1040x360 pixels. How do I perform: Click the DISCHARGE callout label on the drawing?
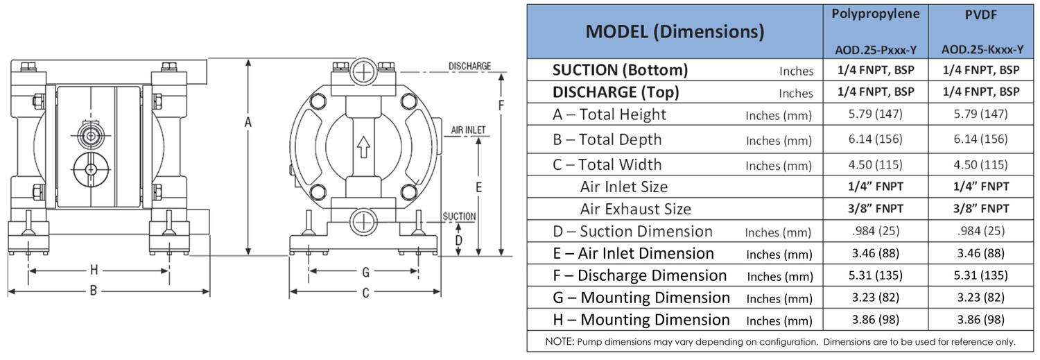[x=469, y=66]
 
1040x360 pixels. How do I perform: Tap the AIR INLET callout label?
[x=468, y=130]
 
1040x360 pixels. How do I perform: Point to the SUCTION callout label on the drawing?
[x=459, y=216]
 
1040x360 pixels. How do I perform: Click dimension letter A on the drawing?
[x=248, y=122]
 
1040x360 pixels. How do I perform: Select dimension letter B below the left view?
[x=94, y=291]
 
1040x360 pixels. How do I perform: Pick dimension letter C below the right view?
[x=365, y=293]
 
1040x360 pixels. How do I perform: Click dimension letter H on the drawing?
[x=94, y=270]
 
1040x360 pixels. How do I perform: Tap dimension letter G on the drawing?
[x=365, y=272]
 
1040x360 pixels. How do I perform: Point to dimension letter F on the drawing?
[x=501, y=105]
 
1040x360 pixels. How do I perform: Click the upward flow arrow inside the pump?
[x=363, y=147]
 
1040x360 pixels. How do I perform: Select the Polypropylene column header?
[x=875, y=14]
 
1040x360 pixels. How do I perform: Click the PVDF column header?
[x=980, y=15]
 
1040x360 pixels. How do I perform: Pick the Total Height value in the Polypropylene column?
[x=875, y=114]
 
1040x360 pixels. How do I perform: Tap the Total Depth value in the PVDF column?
[x=980, y=139]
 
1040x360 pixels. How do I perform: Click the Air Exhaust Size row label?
[x=635, y=209]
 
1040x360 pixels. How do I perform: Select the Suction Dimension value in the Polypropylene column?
[x=875, y=231]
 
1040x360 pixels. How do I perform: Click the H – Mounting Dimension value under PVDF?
[x=980, y=320]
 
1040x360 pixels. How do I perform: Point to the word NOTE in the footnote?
[x=560, y=342]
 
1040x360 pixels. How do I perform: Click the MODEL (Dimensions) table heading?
[x=675, y=32]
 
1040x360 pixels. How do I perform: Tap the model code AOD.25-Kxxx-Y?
[x=982, y=50]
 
